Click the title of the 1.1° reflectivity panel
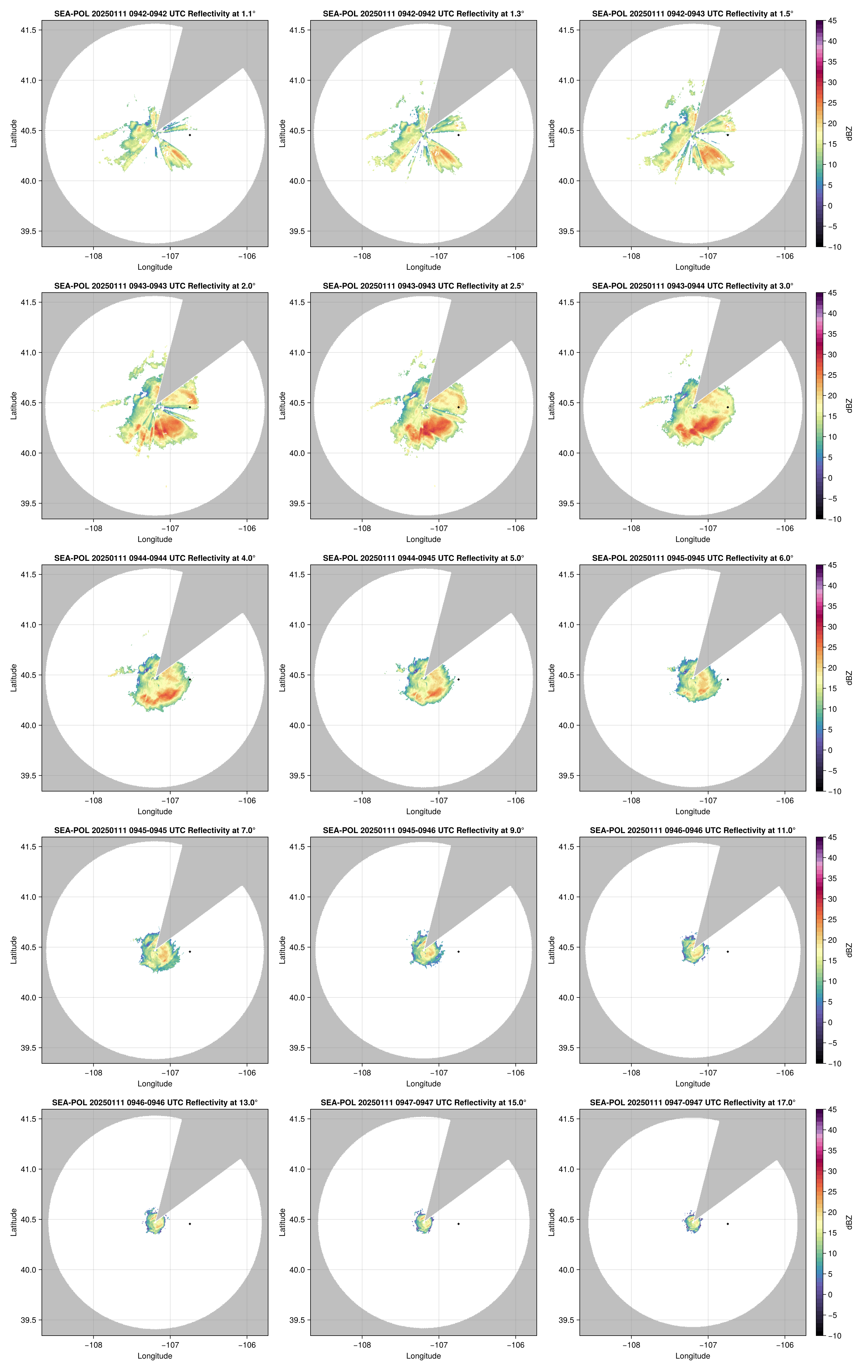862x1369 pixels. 155,14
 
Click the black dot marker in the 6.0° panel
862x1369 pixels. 727,679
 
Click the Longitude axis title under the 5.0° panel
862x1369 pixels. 423,812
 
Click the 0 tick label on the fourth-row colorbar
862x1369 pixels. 830,1022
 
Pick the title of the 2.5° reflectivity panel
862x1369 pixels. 423,286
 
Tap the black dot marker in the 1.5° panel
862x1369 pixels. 727,135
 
